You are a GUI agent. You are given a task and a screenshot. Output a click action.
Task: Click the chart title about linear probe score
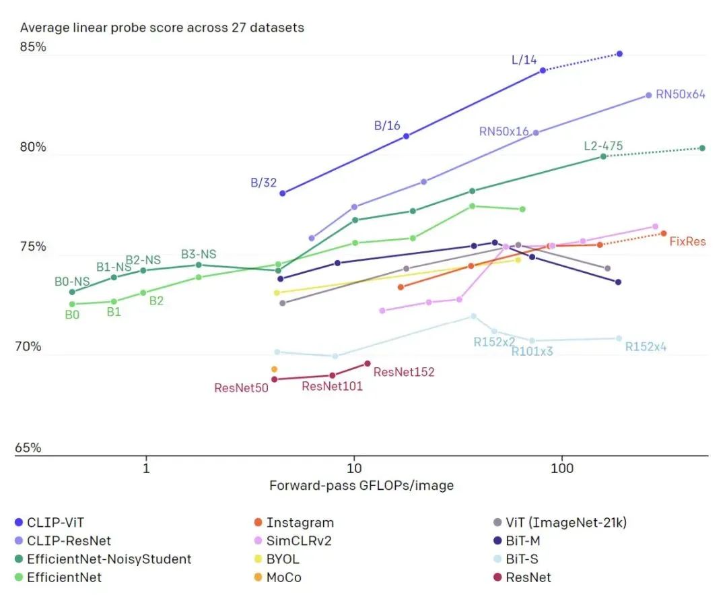point(162,28)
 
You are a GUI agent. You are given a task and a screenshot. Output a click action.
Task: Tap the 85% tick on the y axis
point(32,47)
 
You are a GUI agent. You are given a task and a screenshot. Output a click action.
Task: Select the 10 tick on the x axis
point(353,468)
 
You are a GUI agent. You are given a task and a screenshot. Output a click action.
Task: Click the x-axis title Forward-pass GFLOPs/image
point(361,485)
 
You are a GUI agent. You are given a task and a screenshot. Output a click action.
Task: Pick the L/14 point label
point(524,60)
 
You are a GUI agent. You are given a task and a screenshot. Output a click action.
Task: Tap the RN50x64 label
point(681,94)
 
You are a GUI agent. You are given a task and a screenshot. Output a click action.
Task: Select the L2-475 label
point(603,146)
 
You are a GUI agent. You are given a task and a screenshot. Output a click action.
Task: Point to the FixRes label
point(687,241)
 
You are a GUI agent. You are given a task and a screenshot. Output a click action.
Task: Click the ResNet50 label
point(242,388)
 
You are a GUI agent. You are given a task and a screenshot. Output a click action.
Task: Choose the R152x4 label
point(646,347)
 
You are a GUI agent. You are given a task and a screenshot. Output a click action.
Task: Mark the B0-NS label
point(72,281)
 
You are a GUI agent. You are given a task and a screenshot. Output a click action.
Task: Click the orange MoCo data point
point(274,369)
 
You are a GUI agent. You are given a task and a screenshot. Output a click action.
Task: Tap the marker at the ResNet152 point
point(368,364)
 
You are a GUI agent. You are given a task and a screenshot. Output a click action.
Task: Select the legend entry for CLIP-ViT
point(56,522)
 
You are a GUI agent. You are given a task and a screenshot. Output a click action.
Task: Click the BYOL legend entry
point(283,559)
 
